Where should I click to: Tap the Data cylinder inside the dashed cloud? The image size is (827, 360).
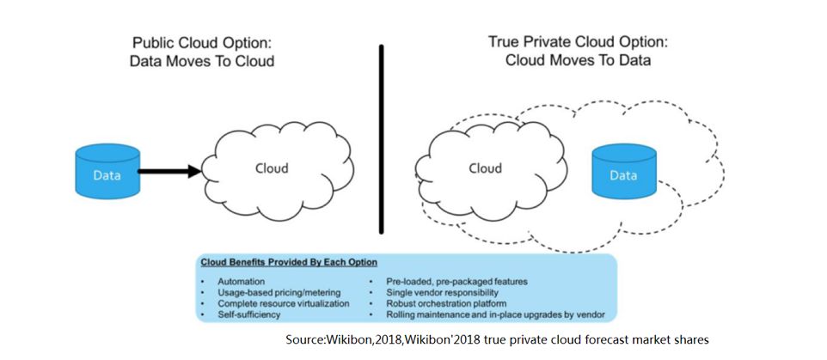tap(623, 174)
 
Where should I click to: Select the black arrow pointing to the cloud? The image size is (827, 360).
tap(168, 172)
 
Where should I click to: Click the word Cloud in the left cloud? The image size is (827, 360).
tap(272, 168)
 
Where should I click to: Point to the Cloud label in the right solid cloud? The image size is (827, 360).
tap(485, 168)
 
